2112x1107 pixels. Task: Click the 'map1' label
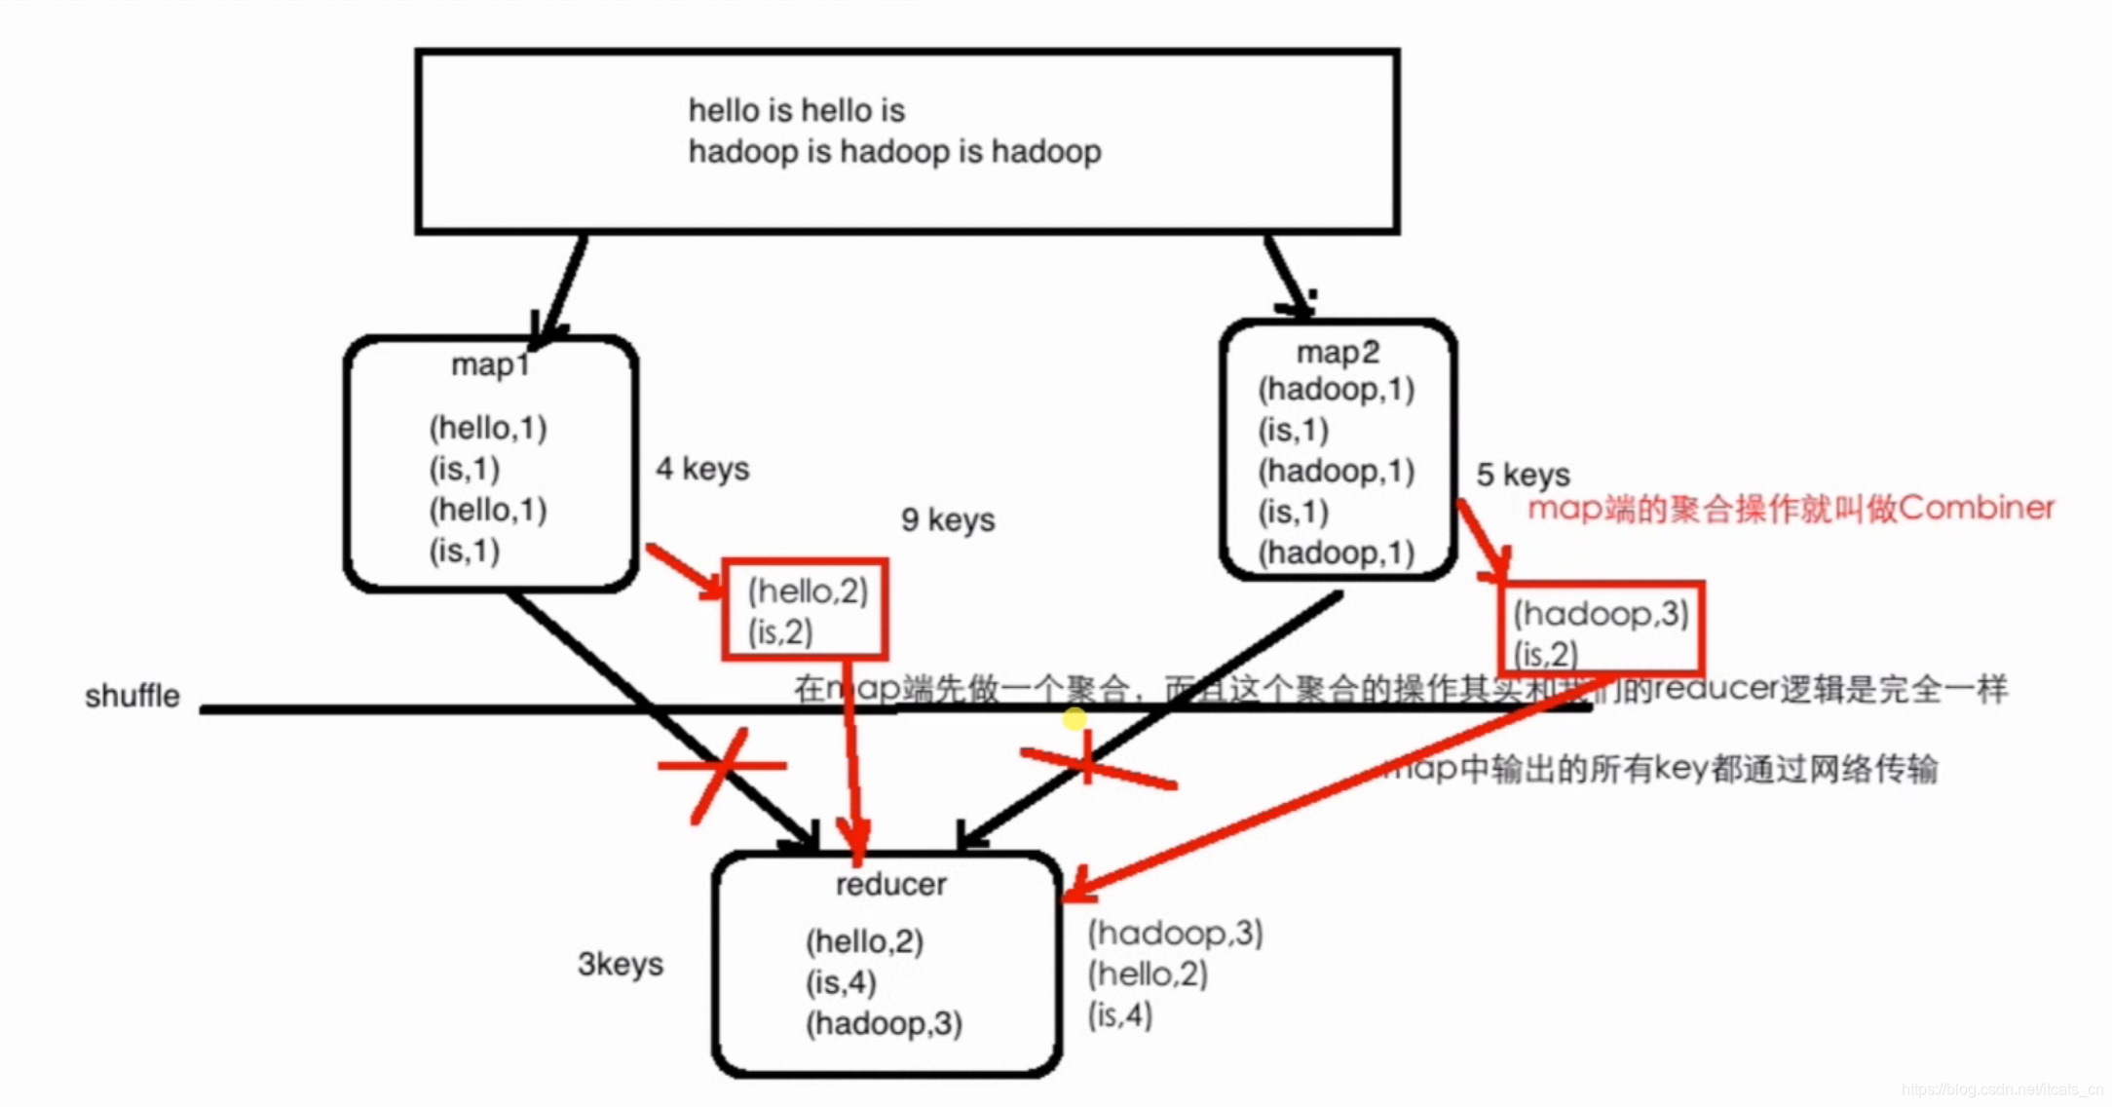pyautogui.click(x=490, y=365)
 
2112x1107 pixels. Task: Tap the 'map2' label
pyautogui.click(x=1338, y=353)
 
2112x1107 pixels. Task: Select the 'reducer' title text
pyautogui.click(x=890, y=885)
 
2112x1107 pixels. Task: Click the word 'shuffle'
pyautogui.click(x=132, y=696)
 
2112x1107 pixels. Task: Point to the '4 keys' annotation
pyautogui.click(x=702, y=469)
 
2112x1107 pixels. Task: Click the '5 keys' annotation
pyautogui.click(x=1523, y=475)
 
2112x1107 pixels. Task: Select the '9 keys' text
pyautogui.click(x=948, y=520)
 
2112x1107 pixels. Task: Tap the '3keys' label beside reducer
pyautogui.click(x=621, y=964)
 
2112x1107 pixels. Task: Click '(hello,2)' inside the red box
pyautogui.click(x=808, y=591)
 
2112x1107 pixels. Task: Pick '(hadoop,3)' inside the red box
pyautogui.click(x=1601, y=614)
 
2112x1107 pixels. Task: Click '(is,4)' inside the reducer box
pyautogui.click(x=841, y=982)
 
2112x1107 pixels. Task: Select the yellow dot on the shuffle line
pyautogui.click(x=1074, y=719)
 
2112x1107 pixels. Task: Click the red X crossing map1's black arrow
pyautogui.click(x=722, y=767)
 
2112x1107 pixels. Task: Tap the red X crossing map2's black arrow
pyautogui.click(x=1089, y=761)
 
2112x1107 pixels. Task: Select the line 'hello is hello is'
pyautogui.click(x=796, y=111)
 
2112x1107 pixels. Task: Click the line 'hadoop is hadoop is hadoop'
pyautogui.click(x=894, y=152)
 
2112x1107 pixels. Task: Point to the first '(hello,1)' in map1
pyautogui.click(x=488, y=428)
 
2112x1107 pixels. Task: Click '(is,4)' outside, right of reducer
pyautogui.click(x=1120, y=1015)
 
